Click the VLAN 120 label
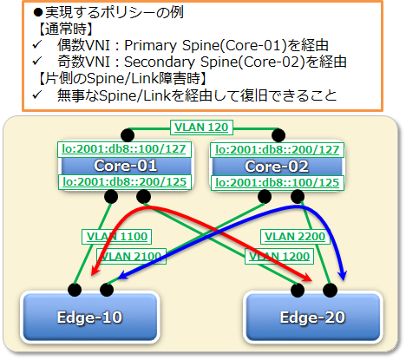(201, 128)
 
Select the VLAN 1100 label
(117, 237)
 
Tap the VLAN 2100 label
(131, 256)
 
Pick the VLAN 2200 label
(295, 237)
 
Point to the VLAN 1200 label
(279, 256)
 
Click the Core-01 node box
(125, 166)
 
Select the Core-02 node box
(277, 167)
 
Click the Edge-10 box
(90, 317)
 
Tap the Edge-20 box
(313, 317)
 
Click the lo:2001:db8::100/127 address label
(124, 149)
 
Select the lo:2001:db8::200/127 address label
(277, 150)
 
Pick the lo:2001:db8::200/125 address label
(125, 182)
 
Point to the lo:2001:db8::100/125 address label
(278, 183)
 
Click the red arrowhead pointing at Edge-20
(307, 278)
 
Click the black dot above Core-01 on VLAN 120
(128, 135)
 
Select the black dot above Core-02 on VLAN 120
(278, 135)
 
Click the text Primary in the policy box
(150, 46)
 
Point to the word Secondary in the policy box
(160, 62)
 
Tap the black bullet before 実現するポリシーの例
(38, 12)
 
